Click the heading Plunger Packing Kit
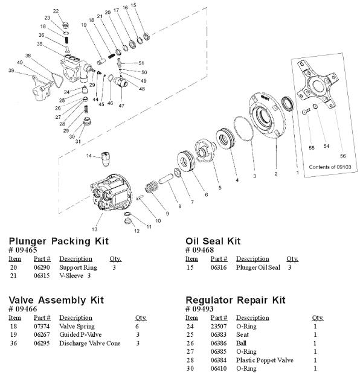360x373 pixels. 59,241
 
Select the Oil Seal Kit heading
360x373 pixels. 213,241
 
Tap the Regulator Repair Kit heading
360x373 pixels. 235,300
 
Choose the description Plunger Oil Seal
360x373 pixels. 259,267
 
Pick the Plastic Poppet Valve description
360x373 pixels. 265,360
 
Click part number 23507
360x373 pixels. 218,326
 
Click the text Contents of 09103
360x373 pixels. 329,166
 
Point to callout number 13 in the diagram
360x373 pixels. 93,230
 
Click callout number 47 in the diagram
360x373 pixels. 121,106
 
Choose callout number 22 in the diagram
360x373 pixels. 56,11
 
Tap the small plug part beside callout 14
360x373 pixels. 106,160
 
